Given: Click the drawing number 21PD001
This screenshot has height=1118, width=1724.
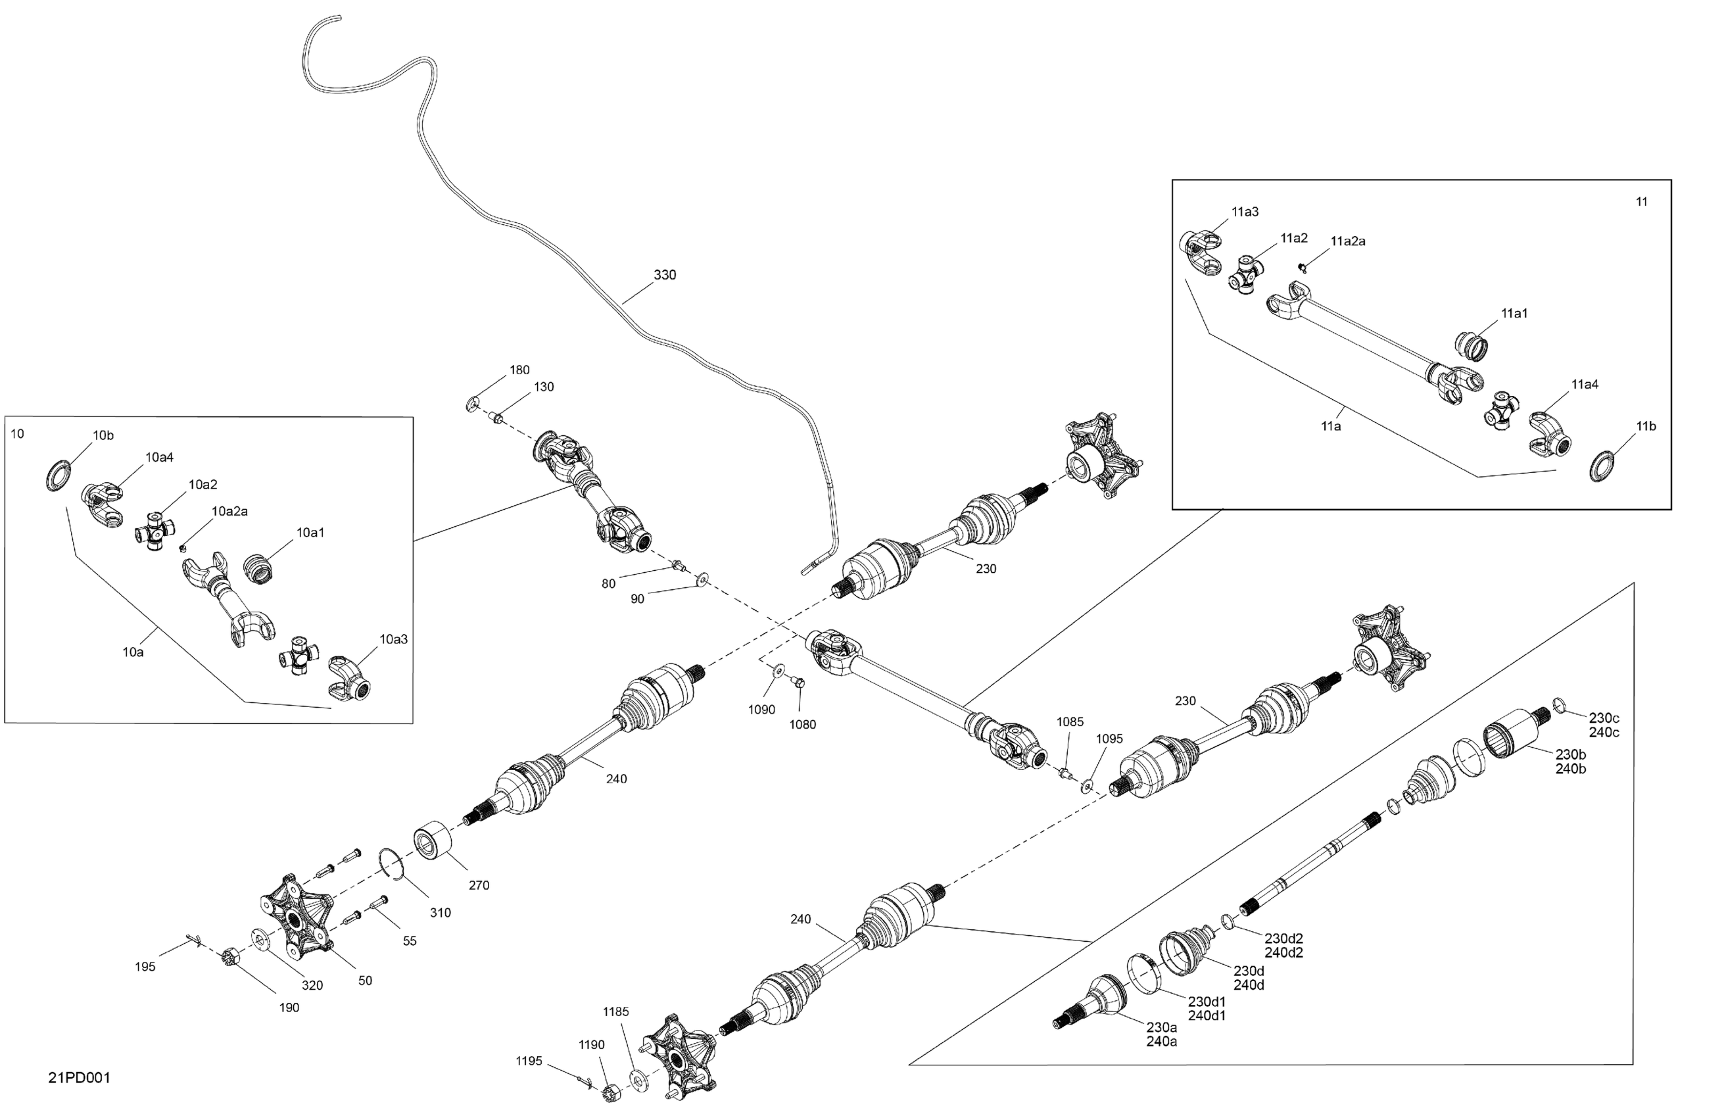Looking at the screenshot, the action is [x=80, y=1077].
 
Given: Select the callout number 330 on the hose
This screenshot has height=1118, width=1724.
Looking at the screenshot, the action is [x=665, y=275].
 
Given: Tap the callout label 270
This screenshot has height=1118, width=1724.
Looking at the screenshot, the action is [x=479, y=885].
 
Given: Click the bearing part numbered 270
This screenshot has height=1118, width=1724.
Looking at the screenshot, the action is [x=433, y=840].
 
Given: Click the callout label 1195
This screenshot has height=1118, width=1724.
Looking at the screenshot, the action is [x=529, y=1061].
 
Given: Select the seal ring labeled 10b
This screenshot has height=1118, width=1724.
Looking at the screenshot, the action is [x=59, y=475].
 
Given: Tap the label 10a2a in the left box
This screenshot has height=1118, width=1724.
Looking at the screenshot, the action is [x=229, y=511].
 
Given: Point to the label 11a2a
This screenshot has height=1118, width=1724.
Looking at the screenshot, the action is [x=1348, y=241].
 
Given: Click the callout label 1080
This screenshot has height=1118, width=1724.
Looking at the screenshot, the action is [x=803, y=724].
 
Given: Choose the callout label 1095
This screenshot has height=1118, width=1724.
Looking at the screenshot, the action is [x=1109, y=739].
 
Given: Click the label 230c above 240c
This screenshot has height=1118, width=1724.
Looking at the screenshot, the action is [x=1604, y=718].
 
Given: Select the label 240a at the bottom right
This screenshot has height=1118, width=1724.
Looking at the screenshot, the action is [x=1161, y=1041].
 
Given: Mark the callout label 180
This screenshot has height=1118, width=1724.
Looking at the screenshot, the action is [x=519, y=370].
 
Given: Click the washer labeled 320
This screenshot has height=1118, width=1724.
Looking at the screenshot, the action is [x=260, y=940].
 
